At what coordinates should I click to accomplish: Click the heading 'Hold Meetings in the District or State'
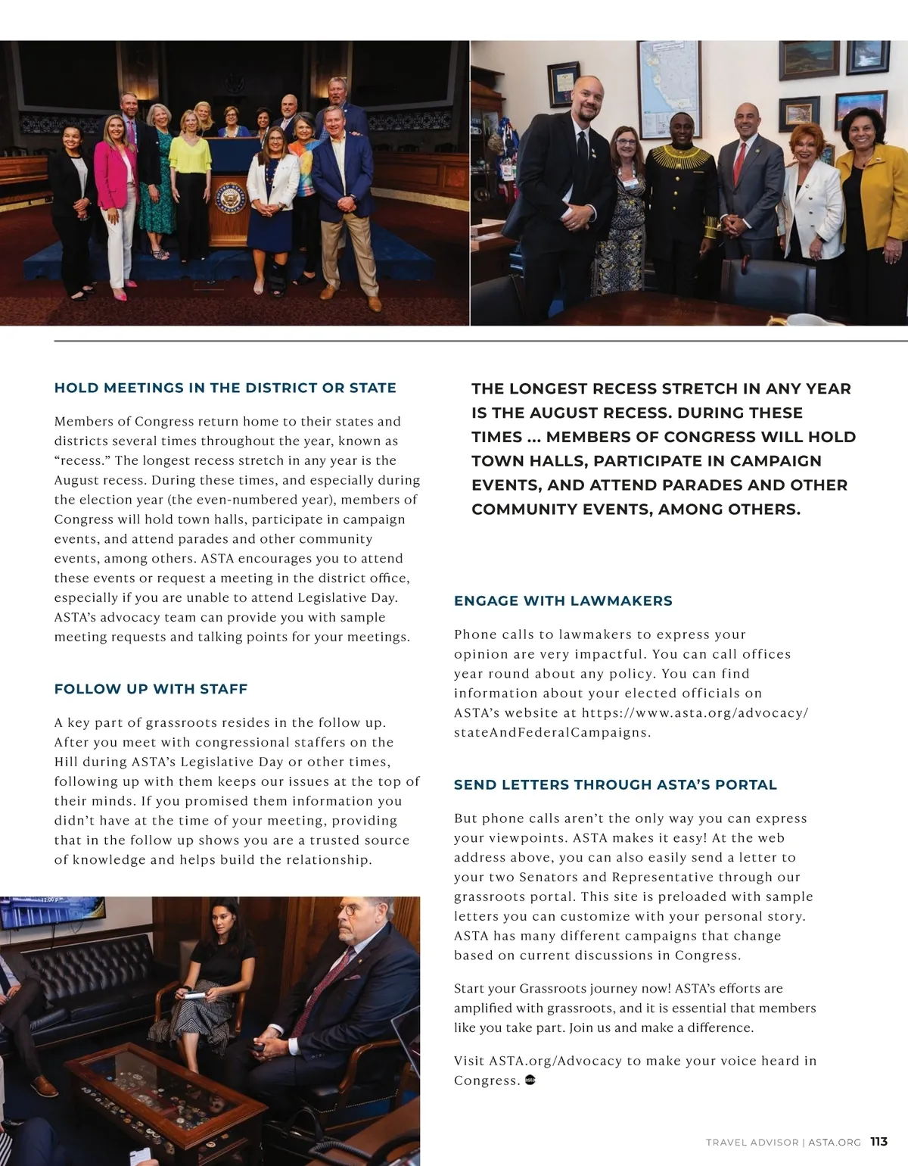225,388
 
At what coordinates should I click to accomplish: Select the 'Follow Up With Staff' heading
151,689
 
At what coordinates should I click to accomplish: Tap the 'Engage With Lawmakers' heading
563,600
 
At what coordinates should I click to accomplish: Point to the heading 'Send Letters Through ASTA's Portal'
615,784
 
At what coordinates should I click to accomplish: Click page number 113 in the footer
878,1142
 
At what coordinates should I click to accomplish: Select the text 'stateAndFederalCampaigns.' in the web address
552,732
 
